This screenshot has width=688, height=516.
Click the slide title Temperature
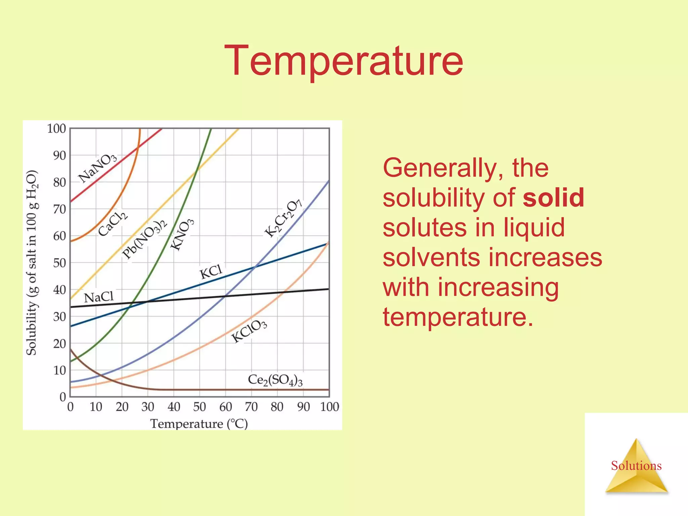[x=344, y=61]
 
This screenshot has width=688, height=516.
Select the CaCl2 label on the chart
[x=113, y=224]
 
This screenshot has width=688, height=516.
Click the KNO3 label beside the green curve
[x=182, y=234]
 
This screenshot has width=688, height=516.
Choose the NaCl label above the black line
[x=99, y=297]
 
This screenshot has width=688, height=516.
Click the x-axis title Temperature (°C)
[x=199, y=424]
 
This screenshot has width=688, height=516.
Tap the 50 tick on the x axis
[x=199, y=407]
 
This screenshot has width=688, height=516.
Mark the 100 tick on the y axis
[x=56, y=128]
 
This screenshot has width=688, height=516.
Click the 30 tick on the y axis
[x=59, y=316]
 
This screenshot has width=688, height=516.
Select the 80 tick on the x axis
[x=277, y=407]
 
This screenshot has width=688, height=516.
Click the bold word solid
[x=553, y=198]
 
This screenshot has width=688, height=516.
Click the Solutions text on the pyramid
[x=636, y=466]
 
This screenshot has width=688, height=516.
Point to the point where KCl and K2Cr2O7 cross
[x=255, y=267]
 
